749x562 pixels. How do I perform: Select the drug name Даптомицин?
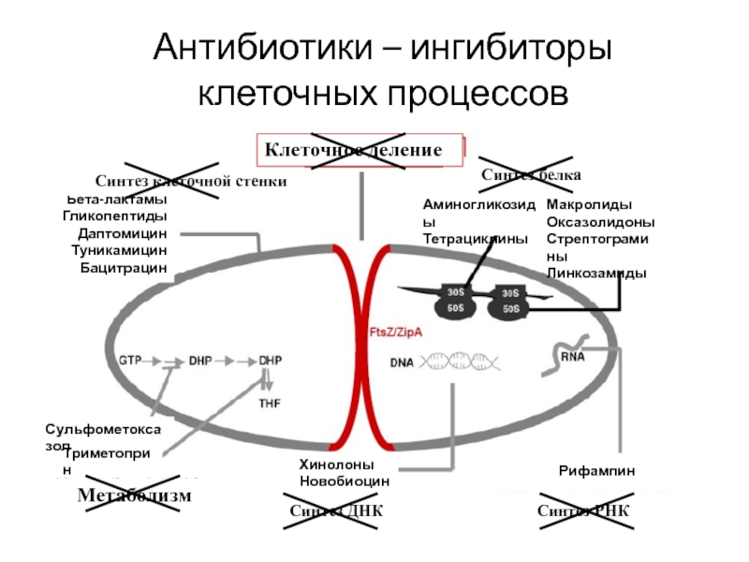coord(123,233)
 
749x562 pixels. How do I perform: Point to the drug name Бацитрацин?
coord(124,267)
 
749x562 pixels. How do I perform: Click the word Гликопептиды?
coord(115,216)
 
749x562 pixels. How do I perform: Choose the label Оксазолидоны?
coord(600,222)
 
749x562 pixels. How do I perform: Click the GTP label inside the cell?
coord(130,360)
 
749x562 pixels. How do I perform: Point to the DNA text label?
coord(403,362)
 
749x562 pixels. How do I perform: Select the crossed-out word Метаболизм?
coord(135,495)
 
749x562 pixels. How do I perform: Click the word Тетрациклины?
coord(476,239)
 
